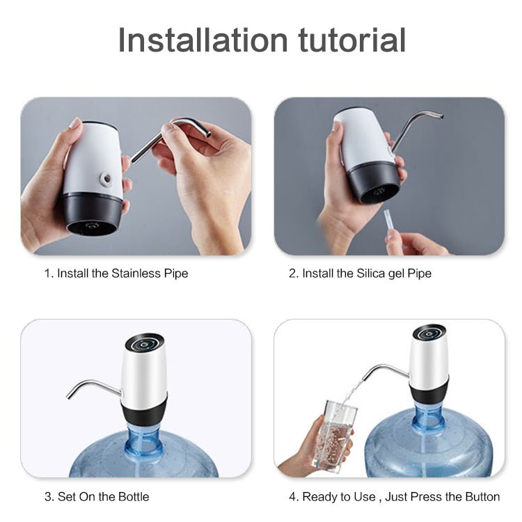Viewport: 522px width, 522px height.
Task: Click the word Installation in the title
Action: (203, 40)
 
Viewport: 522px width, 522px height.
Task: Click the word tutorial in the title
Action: (352, 40)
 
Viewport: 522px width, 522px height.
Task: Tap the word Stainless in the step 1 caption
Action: (136, 274)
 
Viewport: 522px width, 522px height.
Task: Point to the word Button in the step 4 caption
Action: (482, 497)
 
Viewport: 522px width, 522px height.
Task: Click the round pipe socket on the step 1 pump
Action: (106, 179)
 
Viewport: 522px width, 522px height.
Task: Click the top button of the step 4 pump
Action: (429, 333)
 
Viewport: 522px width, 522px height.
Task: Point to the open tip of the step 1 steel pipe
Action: (208, 134)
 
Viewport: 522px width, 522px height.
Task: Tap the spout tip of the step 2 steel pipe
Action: (440, 116)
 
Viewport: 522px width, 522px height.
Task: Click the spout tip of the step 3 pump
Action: (69, 395)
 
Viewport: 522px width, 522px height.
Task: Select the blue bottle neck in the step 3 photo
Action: (144, 443)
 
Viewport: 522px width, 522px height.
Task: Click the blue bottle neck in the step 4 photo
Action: (429, 416)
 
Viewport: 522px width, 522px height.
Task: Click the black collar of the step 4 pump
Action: (429, 390)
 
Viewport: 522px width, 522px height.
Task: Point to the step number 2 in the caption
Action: (292, 274)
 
